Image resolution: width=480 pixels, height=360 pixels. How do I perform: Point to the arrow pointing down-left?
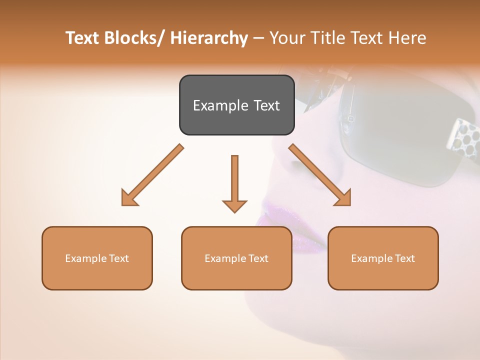pos(152,175)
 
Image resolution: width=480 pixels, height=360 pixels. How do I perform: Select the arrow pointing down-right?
pos(320,175)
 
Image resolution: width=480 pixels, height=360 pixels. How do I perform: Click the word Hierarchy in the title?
pos(209,38)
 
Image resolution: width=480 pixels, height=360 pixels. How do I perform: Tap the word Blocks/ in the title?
pos(134,38)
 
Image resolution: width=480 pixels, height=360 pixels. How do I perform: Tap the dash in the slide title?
pos(258,38)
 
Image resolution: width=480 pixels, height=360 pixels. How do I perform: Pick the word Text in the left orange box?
pos(119,258)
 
